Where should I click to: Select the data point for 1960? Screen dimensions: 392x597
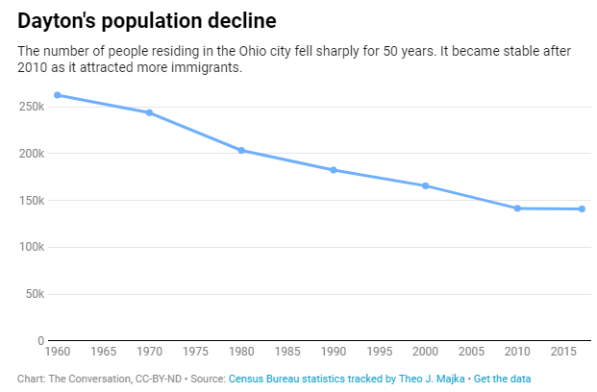click(58, 95)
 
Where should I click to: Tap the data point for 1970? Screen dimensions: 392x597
click(149, 112)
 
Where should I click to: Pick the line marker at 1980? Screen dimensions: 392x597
click(241, 150)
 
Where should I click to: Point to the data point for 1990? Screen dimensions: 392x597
click(334, 170)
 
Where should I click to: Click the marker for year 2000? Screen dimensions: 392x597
click(425, 185)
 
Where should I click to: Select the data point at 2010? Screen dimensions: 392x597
click(517, 208)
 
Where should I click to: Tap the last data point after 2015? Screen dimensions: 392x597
click(582, 209)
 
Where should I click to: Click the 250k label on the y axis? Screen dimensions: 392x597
click(32, 107)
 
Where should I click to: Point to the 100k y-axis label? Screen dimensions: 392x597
click(32, 247)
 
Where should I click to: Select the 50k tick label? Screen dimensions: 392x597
click(35, 294)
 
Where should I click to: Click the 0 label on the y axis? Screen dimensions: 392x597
click(40, 341)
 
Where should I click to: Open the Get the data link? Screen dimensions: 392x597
click(502, 380)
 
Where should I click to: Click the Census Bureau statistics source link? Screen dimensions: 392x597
click(346, 380)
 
